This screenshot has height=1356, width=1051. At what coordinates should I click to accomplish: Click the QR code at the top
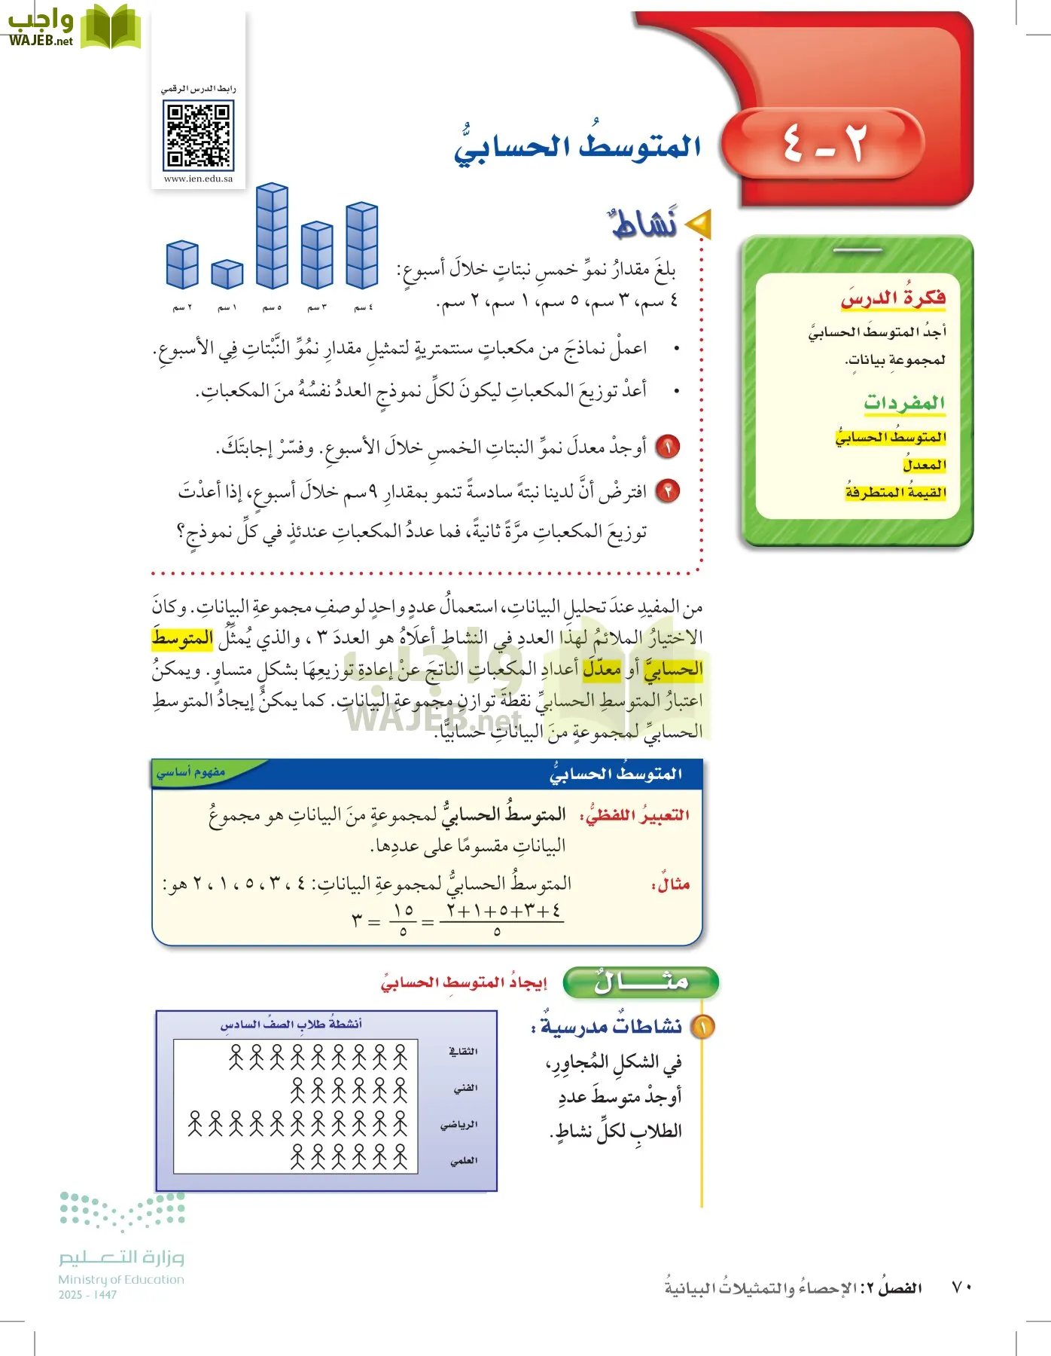(x=198, y=136)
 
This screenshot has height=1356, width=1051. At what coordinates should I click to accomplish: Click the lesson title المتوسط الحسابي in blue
(x=577, y=146)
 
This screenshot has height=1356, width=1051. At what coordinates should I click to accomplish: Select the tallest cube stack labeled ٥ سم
(x=272, y=237)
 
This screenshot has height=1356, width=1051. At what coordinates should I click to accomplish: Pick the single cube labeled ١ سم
(x=227, y=274)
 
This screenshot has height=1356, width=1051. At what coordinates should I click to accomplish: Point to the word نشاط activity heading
(x=644, y=223)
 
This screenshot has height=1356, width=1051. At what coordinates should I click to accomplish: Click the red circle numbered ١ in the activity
(x=667, y=447)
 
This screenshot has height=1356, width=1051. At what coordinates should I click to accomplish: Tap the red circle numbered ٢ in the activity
(x=667, y=491)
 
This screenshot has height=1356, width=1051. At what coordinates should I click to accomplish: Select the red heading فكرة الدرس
(x=893, y=298)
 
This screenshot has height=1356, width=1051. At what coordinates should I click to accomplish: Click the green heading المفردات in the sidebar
(x=904, y=402)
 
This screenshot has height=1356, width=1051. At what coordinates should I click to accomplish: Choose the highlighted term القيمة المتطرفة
(x=895, y=493)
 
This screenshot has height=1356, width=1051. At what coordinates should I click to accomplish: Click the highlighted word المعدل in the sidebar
(x=925, y=465)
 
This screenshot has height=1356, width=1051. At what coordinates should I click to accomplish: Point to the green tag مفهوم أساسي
(x=191, y=772)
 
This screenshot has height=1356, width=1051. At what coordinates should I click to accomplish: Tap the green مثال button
(x=641, y=982)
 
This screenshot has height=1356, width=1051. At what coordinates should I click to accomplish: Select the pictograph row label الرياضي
(x=458, y=1125)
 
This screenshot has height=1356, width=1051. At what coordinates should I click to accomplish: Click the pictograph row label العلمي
(x=464, y=1161)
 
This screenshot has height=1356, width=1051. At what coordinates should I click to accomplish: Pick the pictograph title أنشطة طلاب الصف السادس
(x=291, y=1024)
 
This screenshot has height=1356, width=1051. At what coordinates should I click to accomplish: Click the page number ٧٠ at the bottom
(x=961, y=1287)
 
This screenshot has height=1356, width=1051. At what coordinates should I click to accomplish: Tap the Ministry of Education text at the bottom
(x=121, y=1279)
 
